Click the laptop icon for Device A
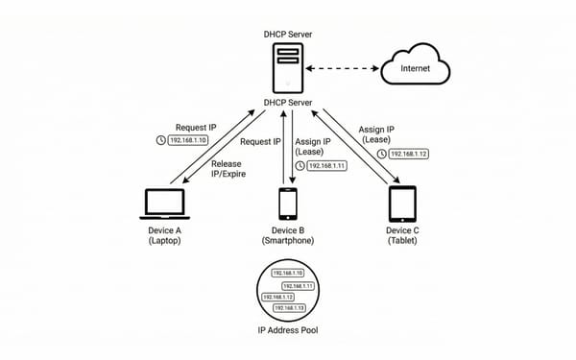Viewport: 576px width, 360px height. coord(165,204)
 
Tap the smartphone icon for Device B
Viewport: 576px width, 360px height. coord(287,204)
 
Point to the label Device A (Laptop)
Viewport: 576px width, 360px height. coord(165,236)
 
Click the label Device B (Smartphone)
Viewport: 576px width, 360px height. coord(288,236)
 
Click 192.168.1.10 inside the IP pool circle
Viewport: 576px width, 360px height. coord(289,274)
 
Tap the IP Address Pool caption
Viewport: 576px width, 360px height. coord(288,330)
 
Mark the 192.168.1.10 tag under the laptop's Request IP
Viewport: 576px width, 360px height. coord(188,140)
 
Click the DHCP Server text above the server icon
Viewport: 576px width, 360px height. coord(288,35)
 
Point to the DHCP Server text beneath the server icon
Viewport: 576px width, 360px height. coord(288,104)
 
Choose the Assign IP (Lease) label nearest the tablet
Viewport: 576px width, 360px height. coord(378,133)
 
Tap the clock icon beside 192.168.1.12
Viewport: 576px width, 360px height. coord(381,154)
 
